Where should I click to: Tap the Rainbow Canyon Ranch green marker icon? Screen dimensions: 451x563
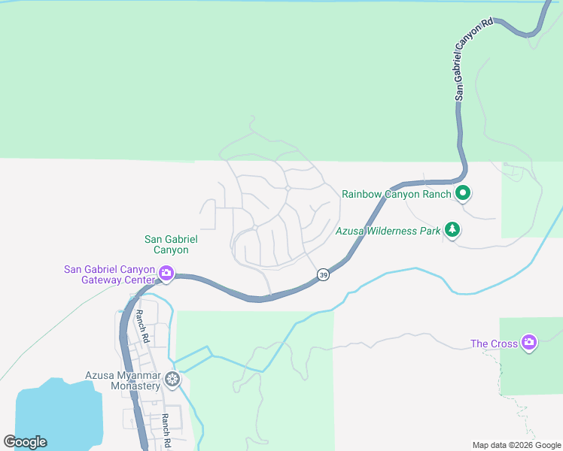pos(463,194)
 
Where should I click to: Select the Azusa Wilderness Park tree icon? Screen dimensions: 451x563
pos(452,230)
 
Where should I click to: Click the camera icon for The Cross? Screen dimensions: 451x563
pos(529,343)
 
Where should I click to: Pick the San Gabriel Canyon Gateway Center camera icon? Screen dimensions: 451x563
pos(166,275)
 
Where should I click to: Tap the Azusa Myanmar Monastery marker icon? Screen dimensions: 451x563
pos(173,380)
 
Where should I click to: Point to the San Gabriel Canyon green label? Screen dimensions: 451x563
pos(166,244)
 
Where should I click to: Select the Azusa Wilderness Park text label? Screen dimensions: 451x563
pos(388,232)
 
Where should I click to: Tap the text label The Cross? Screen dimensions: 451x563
pos(494,344)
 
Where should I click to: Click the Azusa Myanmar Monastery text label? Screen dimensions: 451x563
pos(123,380)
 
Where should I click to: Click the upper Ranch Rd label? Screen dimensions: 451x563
pos(141,322)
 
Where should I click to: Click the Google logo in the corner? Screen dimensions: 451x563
pos(25,442)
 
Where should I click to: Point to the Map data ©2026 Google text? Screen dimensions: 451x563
pos(517,445)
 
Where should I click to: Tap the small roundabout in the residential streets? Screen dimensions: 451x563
pos(288,187)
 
